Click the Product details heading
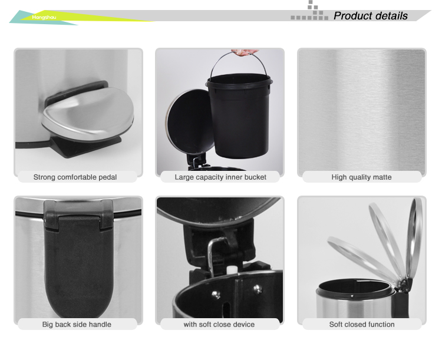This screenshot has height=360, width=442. (371, 16)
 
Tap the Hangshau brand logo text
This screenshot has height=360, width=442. (44, 17)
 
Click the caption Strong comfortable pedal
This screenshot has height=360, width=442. (75, 177)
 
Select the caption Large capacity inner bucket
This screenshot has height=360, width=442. (220, 177)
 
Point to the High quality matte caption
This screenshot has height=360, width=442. (361, 177)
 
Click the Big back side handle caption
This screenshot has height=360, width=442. (77, 324)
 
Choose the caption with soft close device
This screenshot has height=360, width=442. (219, 324)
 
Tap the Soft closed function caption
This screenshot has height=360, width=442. (362, 324)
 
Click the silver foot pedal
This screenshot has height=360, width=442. (88, 113)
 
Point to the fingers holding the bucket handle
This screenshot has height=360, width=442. (244, 52)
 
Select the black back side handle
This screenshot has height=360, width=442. (79, 256)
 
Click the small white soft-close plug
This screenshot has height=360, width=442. (230, 269)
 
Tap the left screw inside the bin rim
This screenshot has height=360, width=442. (216, 295)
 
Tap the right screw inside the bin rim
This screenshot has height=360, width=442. (257, 288)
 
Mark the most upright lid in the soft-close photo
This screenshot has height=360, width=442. (414, 240)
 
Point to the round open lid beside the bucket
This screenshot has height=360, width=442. (189, 122)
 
